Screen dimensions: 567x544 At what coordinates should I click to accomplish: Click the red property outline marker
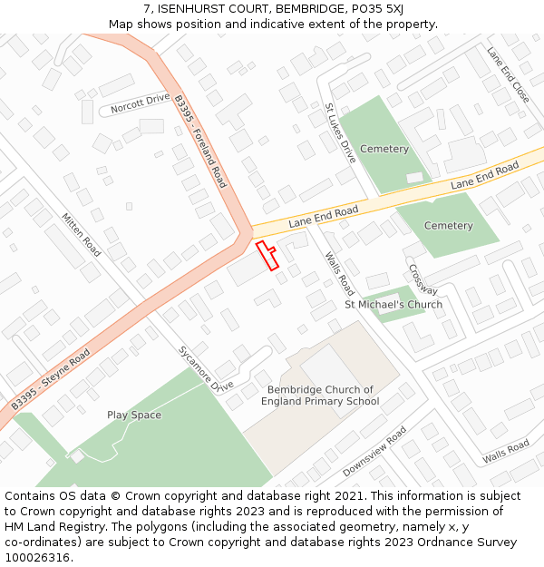[267, 255]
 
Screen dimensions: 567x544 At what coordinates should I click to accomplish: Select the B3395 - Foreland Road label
[199, 142]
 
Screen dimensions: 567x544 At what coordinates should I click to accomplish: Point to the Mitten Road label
[82, 234]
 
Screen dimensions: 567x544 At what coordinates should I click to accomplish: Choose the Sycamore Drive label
[206, 368]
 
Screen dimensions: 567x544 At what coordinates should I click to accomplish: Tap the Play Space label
[134, 415]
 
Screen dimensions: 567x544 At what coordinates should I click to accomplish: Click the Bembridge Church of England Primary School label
[320, 396]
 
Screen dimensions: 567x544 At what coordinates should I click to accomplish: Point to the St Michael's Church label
[393, 305]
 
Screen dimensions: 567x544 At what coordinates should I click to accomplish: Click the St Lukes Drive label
[341, 132]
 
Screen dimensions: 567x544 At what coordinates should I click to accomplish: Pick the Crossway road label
[423, 279]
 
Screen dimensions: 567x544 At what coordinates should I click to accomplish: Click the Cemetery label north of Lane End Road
[384, 149]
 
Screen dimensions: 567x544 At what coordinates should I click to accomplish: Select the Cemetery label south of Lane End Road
[448, 226]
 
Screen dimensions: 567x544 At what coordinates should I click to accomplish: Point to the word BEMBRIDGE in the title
[271, 9]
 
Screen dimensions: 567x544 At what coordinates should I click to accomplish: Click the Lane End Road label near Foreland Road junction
[324, 217]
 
